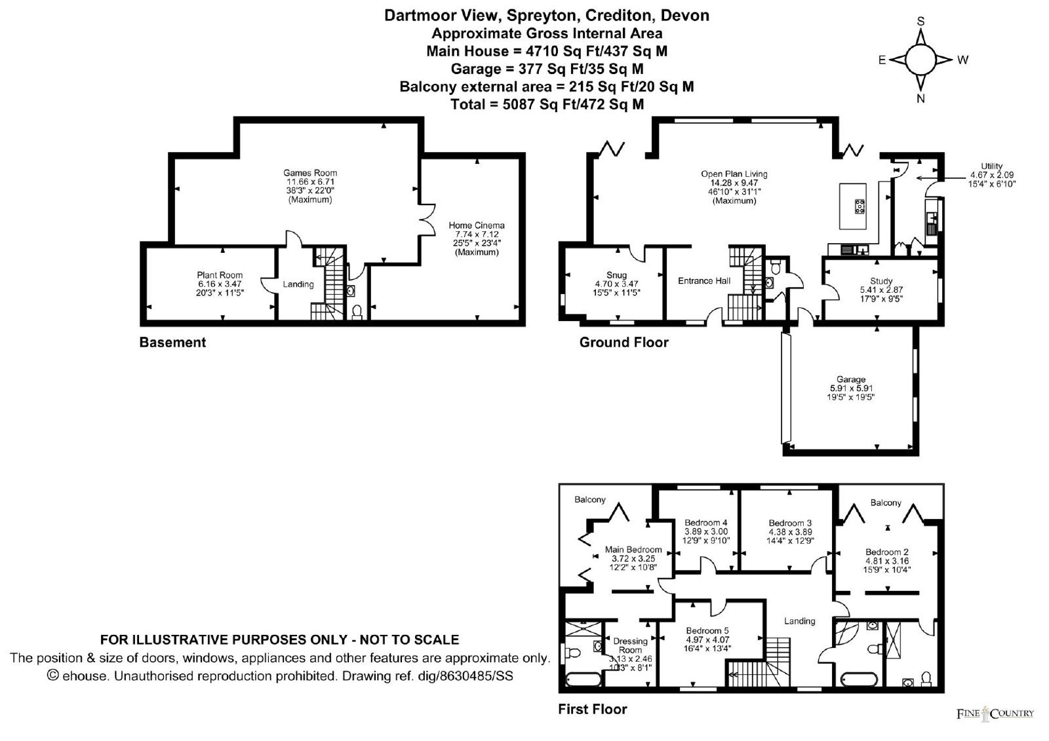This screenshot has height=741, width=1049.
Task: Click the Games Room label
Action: coord(310,173)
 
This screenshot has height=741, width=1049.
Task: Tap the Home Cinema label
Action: coord(477,225)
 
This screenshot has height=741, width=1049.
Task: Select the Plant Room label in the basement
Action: coord(220,275)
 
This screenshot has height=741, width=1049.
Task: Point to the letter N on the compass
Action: coord(920,99)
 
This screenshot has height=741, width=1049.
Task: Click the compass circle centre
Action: coord(920,60)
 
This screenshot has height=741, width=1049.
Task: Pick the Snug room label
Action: coord(616,275)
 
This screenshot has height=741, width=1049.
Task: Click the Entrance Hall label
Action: coord(704,281)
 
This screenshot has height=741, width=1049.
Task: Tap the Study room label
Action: coord(881,281)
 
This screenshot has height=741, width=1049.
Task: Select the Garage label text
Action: coord(851,379)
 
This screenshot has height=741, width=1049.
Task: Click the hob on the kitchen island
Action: coord(860,206)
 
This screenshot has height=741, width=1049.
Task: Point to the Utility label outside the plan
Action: coord(991,166)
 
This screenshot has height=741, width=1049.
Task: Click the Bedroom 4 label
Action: coord(705,523)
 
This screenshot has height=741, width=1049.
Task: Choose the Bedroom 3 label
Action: coord(790,523)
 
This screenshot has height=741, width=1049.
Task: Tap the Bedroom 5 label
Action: coord(707,630)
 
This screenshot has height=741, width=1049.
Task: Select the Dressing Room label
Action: coord(630,645)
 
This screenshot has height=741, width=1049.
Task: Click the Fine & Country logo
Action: coord(995,714)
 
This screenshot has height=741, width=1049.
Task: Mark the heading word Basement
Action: coord(172,343)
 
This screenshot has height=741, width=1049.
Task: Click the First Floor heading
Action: coord(593,709)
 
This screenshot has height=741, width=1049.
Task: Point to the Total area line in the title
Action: coord(547,104)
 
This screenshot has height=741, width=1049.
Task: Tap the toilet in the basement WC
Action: coord(357,311)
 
